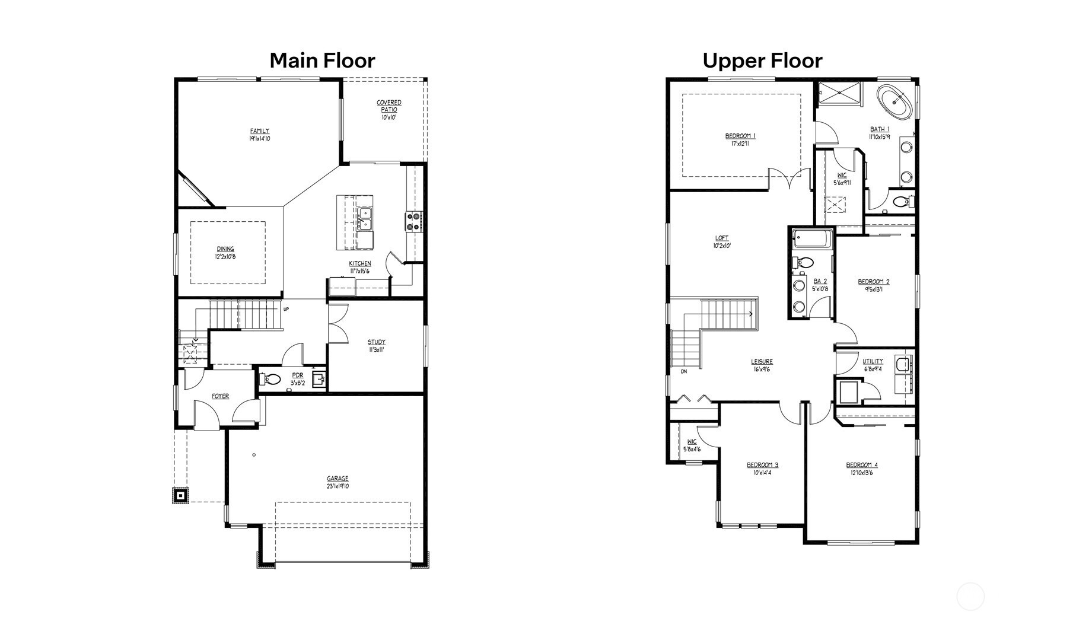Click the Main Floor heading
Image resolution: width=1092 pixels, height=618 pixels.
coord(322,60)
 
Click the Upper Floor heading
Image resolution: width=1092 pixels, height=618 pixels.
coord(762,60)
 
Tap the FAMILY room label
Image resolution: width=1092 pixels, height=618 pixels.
coord(259,131)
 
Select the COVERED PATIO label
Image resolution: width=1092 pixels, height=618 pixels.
coord(389,106)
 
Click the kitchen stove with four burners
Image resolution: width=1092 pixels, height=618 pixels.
coord(413,221)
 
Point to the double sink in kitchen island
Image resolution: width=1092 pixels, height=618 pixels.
coord(364,218)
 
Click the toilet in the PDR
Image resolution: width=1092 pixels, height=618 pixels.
coord(272,379)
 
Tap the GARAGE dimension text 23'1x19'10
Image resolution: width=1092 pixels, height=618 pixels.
coord(338,486)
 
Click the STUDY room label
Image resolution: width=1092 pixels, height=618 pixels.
coord(376,342)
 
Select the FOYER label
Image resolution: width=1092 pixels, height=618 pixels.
coord(220,396)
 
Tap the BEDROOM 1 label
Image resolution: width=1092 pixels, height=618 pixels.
coord(740,136)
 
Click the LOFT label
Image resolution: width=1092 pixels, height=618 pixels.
coord(722,238)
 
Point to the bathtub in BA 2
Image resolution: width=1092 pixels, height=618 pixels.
coord(810,240)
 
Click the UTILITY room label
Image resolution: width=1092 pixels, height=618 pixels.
coord(873,361)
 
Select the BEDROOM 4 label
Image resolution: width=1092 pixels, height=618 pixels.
coord(862,465)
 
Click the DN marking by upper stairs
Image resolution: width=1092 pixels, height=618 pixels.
coord(684,372)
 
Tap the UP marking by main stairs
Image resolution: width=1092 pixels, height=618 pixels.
coord(286,309)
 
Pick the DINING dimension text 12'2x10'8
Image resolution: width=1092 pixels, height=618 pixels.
coord(225,257)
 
